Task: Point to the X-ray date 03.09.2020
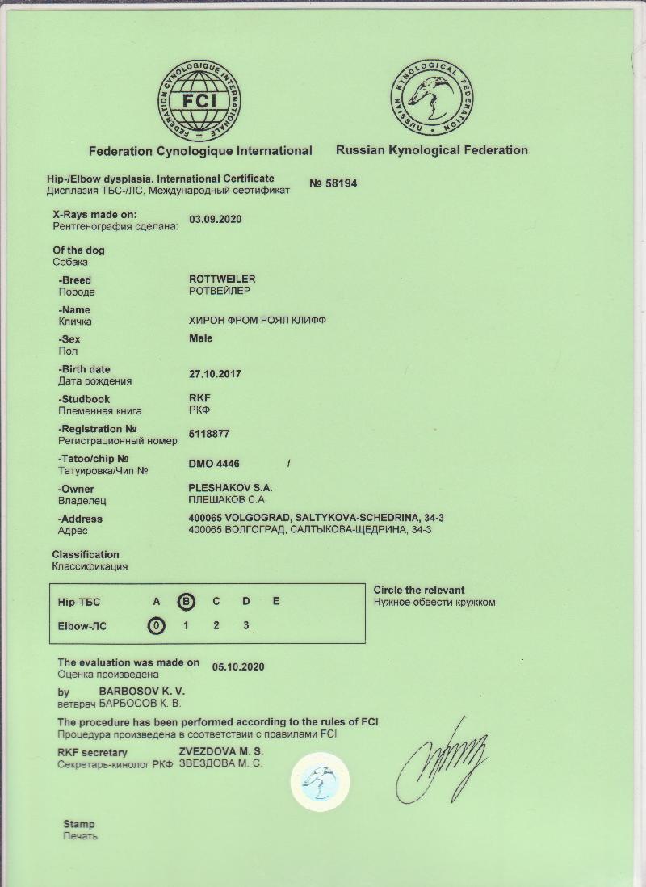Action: [x=216, y=219]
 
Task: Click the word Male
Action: [x=200, y=338]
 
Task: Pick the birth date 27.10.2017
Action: [x=215, y=374]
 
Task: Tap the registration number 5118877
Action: [x=208, y=434]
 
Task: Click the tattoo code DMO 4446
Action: [x=214, y=464]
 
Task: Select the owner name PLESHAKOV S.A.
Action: [x=230, y=489]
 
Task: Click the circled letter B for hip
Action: [x=187, y=601]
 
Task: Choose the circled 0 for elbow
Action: [x=156, y=625]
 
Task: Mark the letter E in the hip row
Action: [x=276, y=601]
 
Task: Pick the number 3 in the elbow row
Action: [x=246, y=625]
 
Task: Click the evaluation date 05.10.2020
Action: [x=238, y=667]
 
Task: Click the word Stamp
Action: [x=79, y=825]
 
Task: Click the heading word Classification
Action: [x=86, y=554]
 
